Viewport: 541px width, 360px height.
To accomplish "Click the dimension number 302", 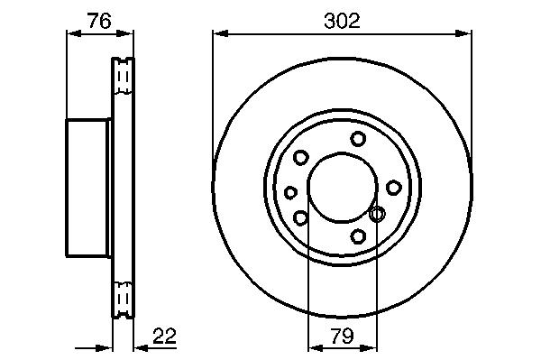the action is (342, 21).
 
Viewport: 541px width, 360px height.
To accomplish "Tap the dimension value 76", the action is (99, 21).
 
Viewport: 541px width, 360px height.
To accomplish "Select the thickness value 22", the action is (164, 336).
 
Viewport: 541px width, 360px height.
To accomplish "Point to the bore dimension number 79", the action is (343, 336).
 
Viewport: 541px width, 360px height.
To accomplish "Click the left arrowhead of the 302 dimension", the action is (221, 33).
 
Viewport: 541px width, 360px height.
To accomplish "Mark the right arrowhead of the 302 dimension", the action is (463, 33).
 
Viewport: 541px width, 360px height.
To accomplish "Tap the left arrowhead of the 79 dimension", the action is (316, 348).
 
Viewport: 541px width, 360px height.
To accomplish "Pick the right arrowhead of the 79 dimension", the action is (369, 348).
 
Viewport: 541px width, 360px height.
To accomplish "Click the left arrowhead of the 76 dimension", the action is (74, 33).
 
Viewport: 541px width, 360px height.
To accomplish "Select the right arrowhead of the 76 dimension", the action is (125, 33).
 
